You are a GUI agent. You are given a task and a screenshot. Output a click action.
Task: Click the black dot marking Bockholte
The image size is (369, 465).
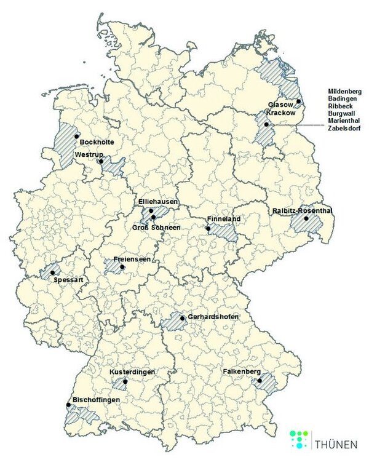pos(76,137)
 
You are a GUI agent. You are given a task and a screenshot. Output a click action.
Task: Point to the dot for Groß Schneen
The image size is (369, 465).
pos(153,217)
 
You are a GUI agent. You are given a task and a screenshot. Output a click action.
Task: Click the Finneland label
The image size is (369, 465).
pos(224,219)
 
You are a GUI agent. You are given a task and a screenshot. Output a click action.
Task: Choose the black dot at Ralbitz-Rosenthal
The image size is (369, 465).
pos(306,218)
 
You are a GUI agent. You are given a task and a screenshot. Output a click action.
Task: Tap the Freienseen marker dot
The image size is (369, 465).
pos(122,267)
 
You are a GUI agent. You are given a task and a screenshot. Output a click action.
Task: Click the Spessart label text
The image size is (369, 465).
pos(67,280)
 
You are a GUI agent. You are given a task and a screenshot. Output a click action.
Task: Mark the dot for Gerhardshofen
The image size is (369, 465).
pos(183,319)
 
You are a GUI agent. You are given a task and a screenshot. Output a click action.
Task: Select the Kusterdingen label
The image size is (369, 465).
pos(132,373)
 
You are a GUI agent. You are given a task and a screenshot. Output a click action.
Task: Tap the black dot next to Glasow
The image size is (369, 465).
pos(298,101)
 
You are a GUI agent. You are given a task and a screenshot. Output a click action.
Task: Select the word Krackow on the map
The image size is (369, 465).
pos(281,114)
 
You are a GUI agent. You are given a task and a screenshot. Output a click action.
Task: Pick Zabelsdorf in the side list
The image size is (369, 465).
pos(345,129)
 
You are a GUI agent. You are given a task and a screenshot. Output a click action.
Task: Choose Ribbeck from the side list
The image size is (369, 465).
pos(341,106)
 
